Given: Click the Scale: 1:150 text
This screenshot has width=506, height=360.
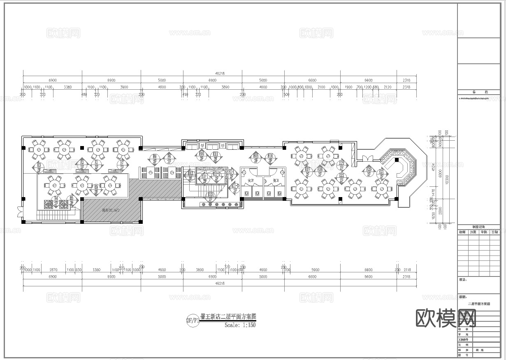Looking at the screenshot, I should click(x=240, y=325).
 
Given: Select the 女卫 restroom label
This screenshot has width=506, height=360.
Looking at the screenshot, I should click(x=251, y=181).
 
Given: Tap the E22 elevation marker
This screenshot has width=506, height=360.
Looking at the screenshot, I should click(x=341, y=178).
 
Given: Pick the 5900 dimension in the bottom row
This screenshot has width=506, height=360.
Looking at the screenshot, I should click(x=315, y=270).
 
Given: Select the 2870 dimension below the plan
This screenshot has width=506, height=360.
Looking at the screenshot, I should click(x=53, y=270).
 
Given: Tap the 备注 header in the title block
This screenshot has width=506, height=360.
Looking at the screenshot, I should click(x=479, y=92).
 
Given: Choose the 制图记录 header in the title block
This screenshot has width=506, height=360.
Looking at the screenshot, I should click(x=479, y=227).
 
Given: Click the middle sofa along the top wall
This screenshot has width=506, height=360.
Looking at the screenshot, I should click(x=212, y=146).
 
